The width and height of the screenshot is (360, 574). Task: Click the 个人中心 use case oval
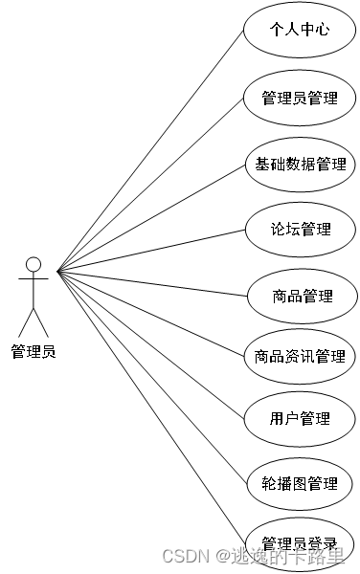pyautogui.click(x=300, y=30)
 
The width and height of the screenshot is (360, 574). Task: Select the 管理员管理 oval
pyautogui.click(x=300, y=97)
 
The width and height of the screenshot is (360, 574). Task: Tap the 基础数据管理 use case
pyautogui.click(x=300, y=164)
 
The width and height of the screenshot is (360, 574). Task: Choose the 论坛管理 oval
pyautogui.click(x=300, y=230)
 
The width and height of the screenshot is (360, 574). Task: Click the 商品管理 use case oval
pyautogui.click(x=300, y=296)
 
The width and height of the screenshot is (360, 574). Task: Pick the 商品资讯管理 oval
pyautogui.click(x=300, y=356)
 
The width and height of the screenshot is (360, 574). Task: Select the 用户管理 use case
pyautogui.click(x=300, y=418)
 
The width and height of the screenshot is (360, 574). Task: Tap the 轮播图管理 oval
pyautogui.click(x=300, y=483)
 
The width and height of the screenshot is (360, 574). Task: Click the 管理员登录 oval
pyautogui.click(x=300, y=541)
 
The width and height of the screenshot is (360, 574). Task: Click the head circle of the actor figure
pyautogui.click(x=34, y=263)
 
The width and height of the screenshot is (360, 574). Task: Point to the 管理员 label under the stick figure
pyautogui.click(x=34, y=351)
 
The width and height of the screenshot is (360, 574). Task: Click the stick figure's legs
pyautogui.click(x=34, y=320)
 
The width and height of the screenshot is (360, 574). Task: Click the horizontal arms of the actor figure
pyautogui.click(x=34, y=280)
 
